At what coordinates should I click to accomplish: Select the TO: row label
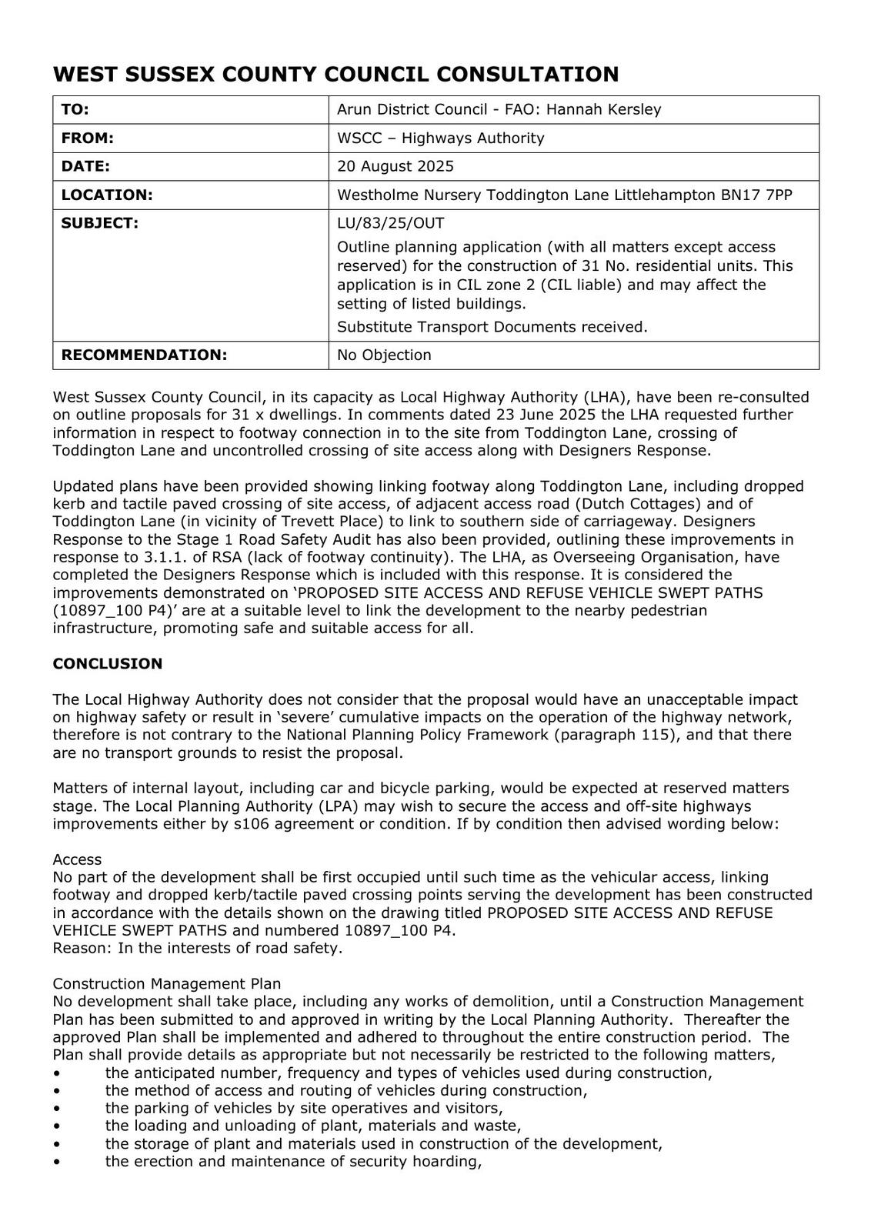[75, 109]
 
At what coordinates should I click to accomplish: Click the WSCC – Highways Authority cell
[440, 138]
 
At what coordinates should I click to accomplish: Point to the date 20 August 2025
[395, 166]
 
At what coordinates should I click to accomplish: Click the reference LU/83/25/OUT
[390, 223]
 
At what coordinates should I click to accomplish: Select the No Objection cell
[384, 355]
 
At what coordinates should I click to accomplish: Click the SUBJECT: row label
[100, 223]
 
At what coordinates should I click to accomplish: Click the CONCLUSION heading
[108, 663]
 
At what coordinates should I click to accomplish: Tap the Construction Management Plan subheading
[167, 983]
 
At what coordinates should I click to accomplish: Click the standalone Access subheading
[77, 859]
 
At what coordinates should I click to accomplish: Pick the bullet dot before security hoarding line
[57, 1162]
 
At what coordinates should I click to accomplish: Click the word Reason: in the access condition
[82, 948]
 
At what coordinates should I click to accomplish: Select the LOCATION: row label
[107, 195]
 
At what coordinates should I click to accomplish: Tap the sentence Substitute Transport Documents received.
[492, 327]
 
